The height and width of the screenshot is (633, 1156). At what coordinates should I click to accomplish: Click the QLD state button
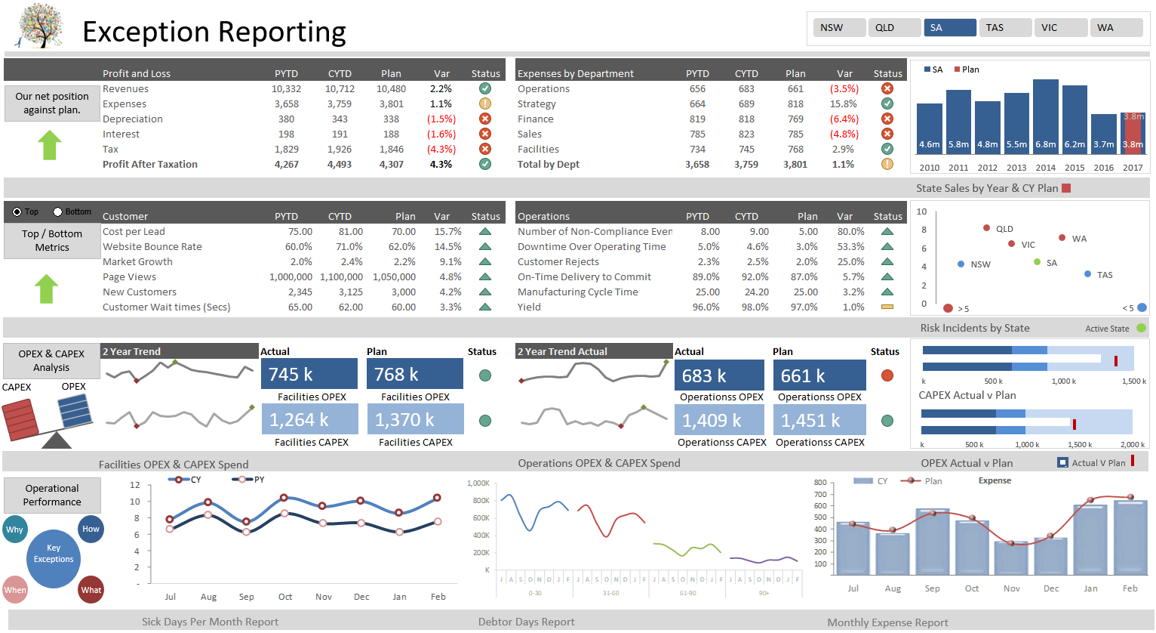click(894, 28)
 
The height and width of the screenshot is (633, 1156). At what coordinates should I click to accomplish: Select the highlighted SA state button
click(949, 28)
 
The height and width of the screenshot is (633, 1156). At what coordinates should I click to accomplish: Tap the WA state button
click(1116, 28)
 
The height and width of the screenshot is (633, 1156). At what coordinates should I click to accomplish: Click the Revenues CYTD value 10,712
click(340, 89)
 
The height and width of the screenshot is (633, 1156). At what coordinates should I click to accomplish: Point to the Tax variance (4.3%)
click(441, 150)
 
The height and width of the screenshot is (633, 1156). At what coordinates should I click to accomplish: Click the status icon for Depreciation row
click(485, 119)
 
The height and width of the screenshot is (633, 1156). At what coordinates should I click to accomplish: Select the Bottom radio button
click(58, 212)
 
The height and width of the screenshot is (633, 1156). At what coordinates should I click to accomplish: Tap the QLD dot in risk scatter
click(986, 228)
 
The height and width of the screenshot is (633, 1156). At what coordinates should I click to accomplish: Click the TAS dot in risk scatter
click(1087, 274)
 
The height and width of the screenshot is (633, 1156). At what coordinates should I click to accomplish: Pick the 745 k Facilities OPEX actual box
click(309, 374)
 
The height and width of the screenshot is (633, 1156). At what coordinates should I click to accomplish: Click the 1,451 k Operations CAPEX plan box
click(819, 420)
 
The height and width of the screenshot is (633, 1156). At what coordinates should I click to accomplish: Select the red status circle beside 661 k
click(887, 375)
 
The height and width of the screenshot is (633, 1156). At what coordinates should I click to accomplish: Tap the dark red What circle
click(91, 590)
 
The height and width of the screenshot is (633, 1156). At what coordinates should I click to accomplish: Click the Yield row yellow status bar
click(887, 307)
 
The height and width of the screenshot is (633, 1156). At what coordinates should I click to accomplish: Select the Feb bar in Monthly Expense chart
click(1130, 537)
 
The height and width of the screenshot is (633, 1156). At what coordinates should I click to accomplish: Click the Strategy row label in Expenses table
click(536, 104)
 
